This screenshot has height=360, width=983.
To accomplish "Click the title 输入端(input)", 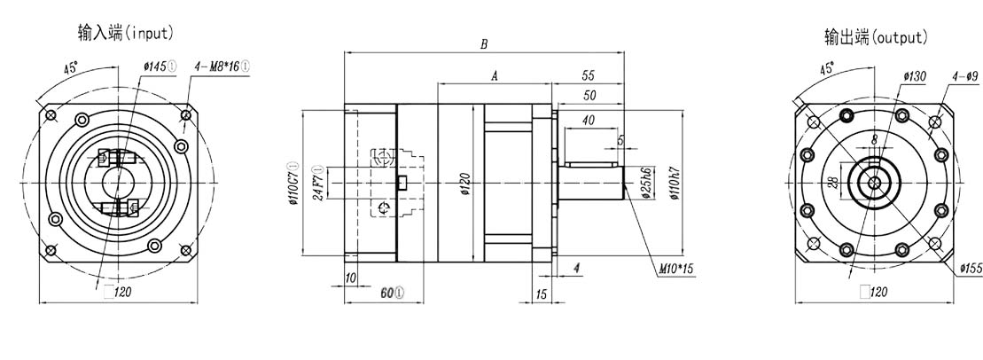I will point(125,34).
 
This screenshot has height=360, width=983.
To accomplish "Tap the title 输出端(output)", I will point(875,37).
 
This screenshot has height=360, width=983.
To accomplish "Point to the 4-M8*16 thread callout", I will point(222,66).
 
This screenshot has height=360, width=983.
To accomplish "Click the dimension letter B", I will point(482,43).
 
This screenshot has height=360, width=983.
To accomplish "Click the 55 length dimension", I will point(588,77).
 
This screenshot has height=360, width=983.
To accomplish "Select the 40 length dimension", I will point(588,120).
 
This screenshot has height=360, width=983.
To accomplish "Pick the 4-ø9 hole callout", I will point(964,77).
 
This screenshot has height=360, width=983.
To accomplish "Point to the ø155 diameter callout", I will point(970,269).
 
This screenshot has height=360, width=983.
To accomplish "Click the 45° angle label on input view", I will point(71,67).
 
